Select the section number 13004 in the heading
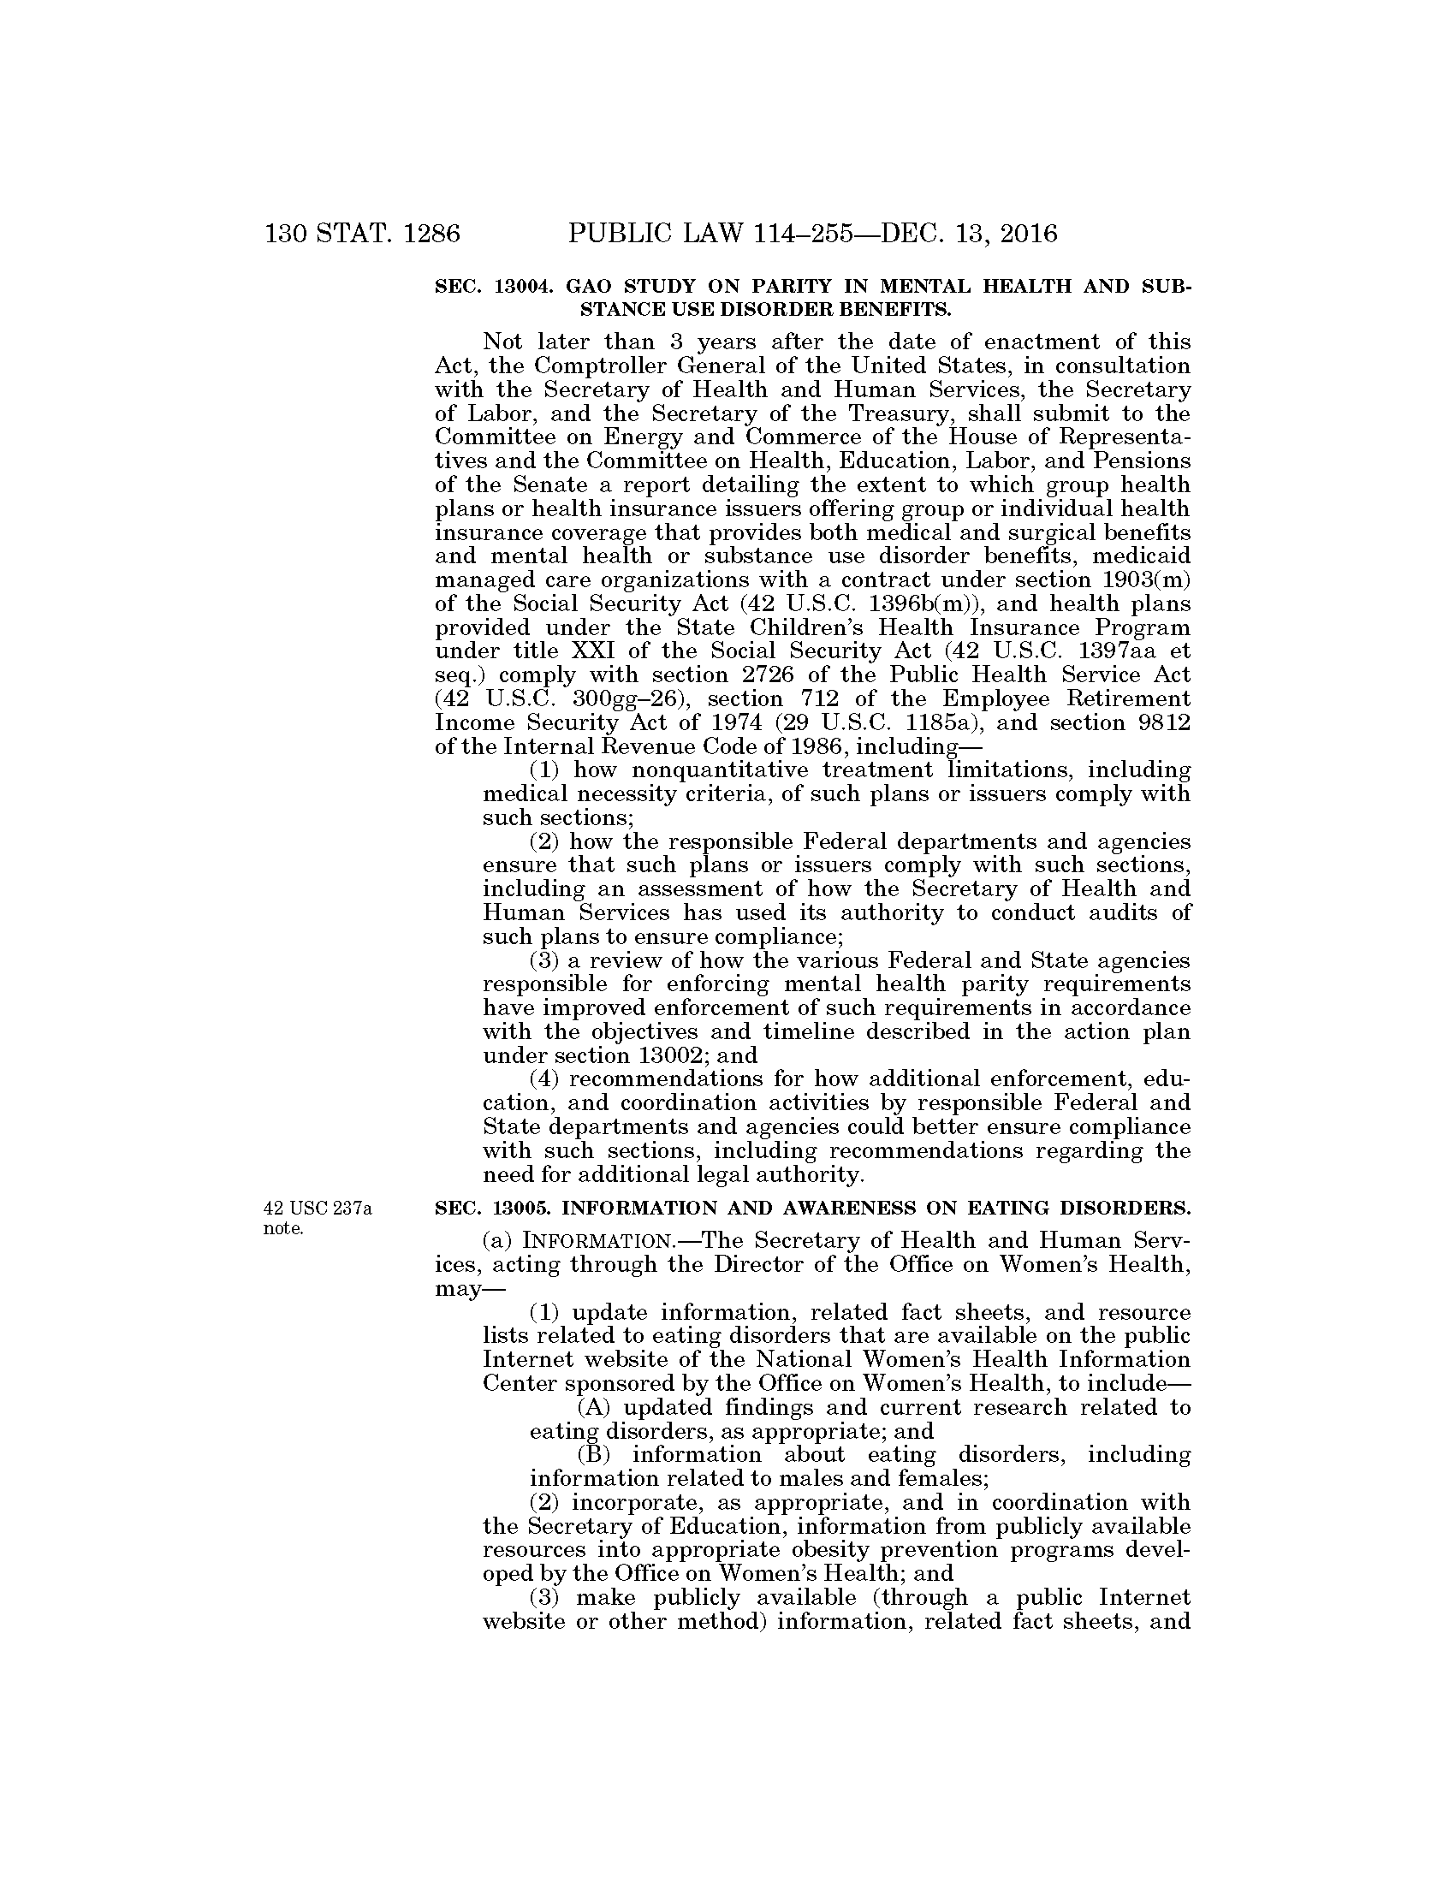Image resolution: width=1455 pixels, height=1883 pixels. click(521, 287)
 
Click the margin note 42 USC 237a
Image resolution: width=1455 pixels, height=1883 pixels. click(318, 1209)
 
